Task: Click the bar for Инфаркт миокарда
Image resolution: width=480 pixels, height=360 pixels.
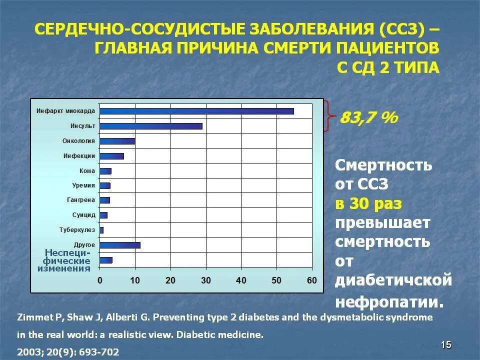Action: coord(196,111)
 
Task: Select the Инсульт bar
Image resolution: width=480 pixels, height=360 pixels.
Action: coord(151,126)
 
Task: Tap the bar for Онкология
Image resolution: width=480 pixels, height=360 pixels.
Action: coord(117,141)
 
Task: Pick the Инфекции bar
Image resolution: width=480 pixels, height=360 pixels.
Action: coord(111,156)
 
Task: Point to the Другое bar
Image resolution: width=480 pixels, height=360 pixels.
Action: coord(120,245)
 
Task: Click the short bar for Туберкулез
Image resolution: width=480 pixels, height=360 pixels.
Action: coord(101,230)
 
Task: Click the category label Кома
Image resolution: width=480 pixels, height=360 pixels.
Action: coord(87,171)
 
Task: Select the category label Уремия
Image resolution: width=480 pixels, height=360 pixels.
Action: coord(83,185)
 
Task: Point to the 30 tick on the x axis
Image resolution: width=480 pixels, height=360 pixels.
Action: coord(206,280)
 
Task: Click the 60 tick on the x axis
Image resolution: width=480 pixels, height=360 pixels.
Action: coord(312,280)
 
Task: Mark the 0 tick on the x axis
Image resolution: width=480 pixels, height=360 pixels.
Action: coord(100,280)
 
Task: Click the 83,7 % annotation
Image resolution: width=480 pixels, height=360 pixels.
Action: coord(368,118)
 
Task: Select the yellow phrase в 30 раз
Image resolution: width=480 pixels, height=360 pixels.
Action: coord(368,204)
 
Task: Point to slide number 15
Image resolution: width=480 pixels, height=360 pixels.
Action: coord(446,344)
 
